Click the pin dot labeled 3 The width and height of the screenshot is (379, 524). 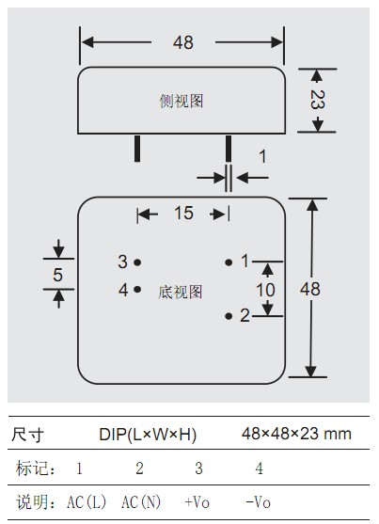[137, 262]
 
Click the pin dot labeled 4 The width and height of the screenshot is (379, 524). [137, 289]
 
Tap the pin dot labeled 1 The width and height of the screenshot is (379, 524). [229, 262]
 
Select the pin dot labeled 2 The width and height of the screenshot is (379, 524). [229, 316]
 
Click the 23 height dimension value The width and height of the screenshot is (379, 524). [317, 100]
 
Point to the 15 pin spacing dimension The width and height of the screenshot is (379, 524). [183, 213]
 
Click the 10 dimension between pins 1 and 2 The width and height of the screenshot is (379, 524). [266, 290]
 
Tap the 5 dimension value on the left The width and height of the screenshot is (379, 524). [57, 275]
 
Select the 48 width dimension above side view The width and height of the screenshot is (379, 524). [183, 42]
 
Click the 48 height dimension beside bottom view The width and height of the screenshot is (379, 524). [310, 289]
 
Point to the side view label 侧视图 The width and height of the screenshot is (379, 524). [182, 101]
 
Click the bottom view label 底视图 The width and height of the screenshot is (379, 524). [181, 292]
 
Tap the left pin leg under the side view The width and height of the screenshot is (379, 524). [137, 149]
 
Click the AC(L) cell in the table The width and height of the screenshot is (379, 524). [87, 502]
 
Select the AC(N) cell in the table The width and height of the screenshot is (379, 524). [141, 502]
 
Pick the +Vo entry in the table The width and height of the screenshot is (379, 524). [197, 502]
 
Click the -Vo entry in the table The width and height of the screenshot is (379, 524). [258, 502]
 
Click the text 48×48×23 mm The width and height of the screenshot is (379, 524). [297, 434]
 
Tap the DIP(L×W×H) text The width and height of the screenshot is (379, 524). [148, 435]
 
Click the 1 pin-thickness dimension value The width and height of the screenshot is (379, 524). [262, 156]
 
